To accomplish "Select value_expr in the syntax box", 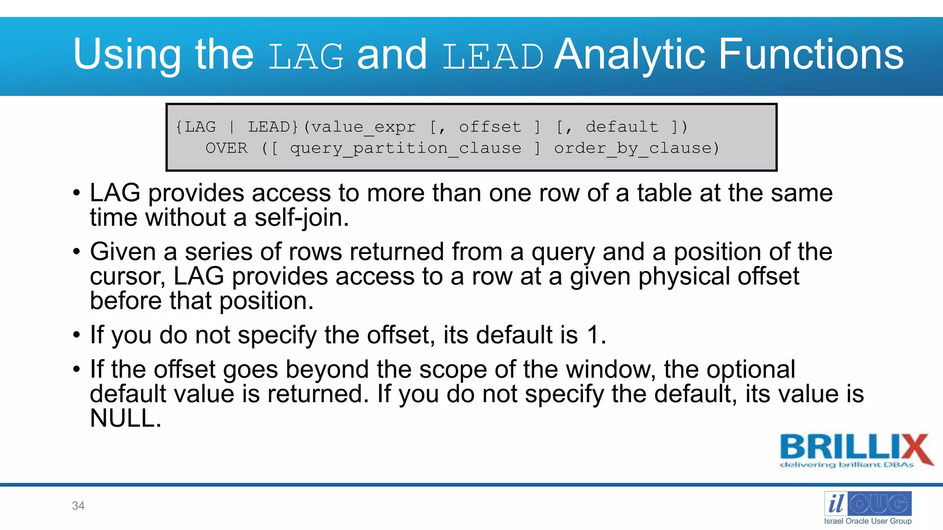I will coord(363,127).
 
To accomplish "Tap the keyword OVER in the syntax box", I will coord(226,148).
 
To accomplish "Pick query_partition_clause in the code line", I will coord(405,148).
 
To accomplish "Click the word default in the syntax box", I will coord(622,127).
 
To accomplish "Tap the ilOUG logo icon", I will coord(867,504).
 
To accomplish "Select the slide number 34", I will coord(78,506).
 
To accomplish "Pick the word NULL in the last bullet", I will coord(125,419).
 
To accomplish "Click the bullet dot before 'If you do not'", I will coord(76,335).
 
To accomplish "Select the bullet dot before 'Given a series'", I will coord(76,252).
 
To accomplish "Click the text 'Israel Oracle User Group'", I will coord(867,521).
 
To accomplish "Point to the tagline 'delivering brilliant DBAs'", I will coord(846,465).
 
